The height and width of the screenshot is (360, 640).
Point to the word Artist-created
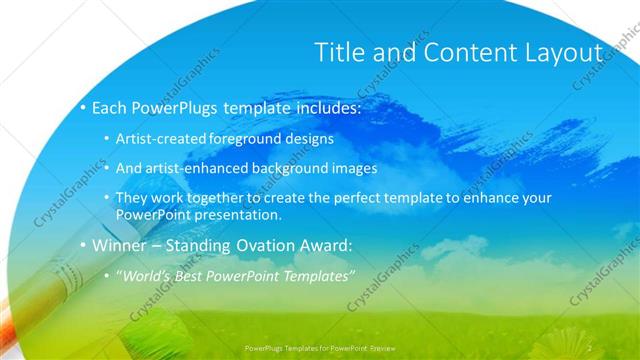tap(162, 139)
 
